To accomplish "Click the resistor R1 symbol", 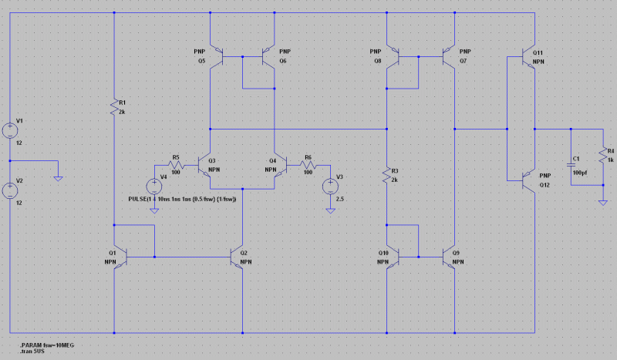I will (x=114, y=109).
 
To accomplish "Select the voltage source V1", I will (x=10, y=130).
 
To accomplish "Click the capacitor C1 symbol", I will (x=571, y=163).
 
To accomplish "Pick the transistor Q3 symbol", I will (x=206, y=165).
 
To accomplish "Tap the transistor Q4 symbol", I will (x=280, y=165).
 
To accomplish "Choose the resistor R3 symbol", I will (x=385, y=177).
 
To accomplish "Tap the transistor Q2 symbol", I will (x=238, y=255).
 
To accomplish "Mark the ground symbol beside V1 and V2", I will (x=58, y=177).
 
